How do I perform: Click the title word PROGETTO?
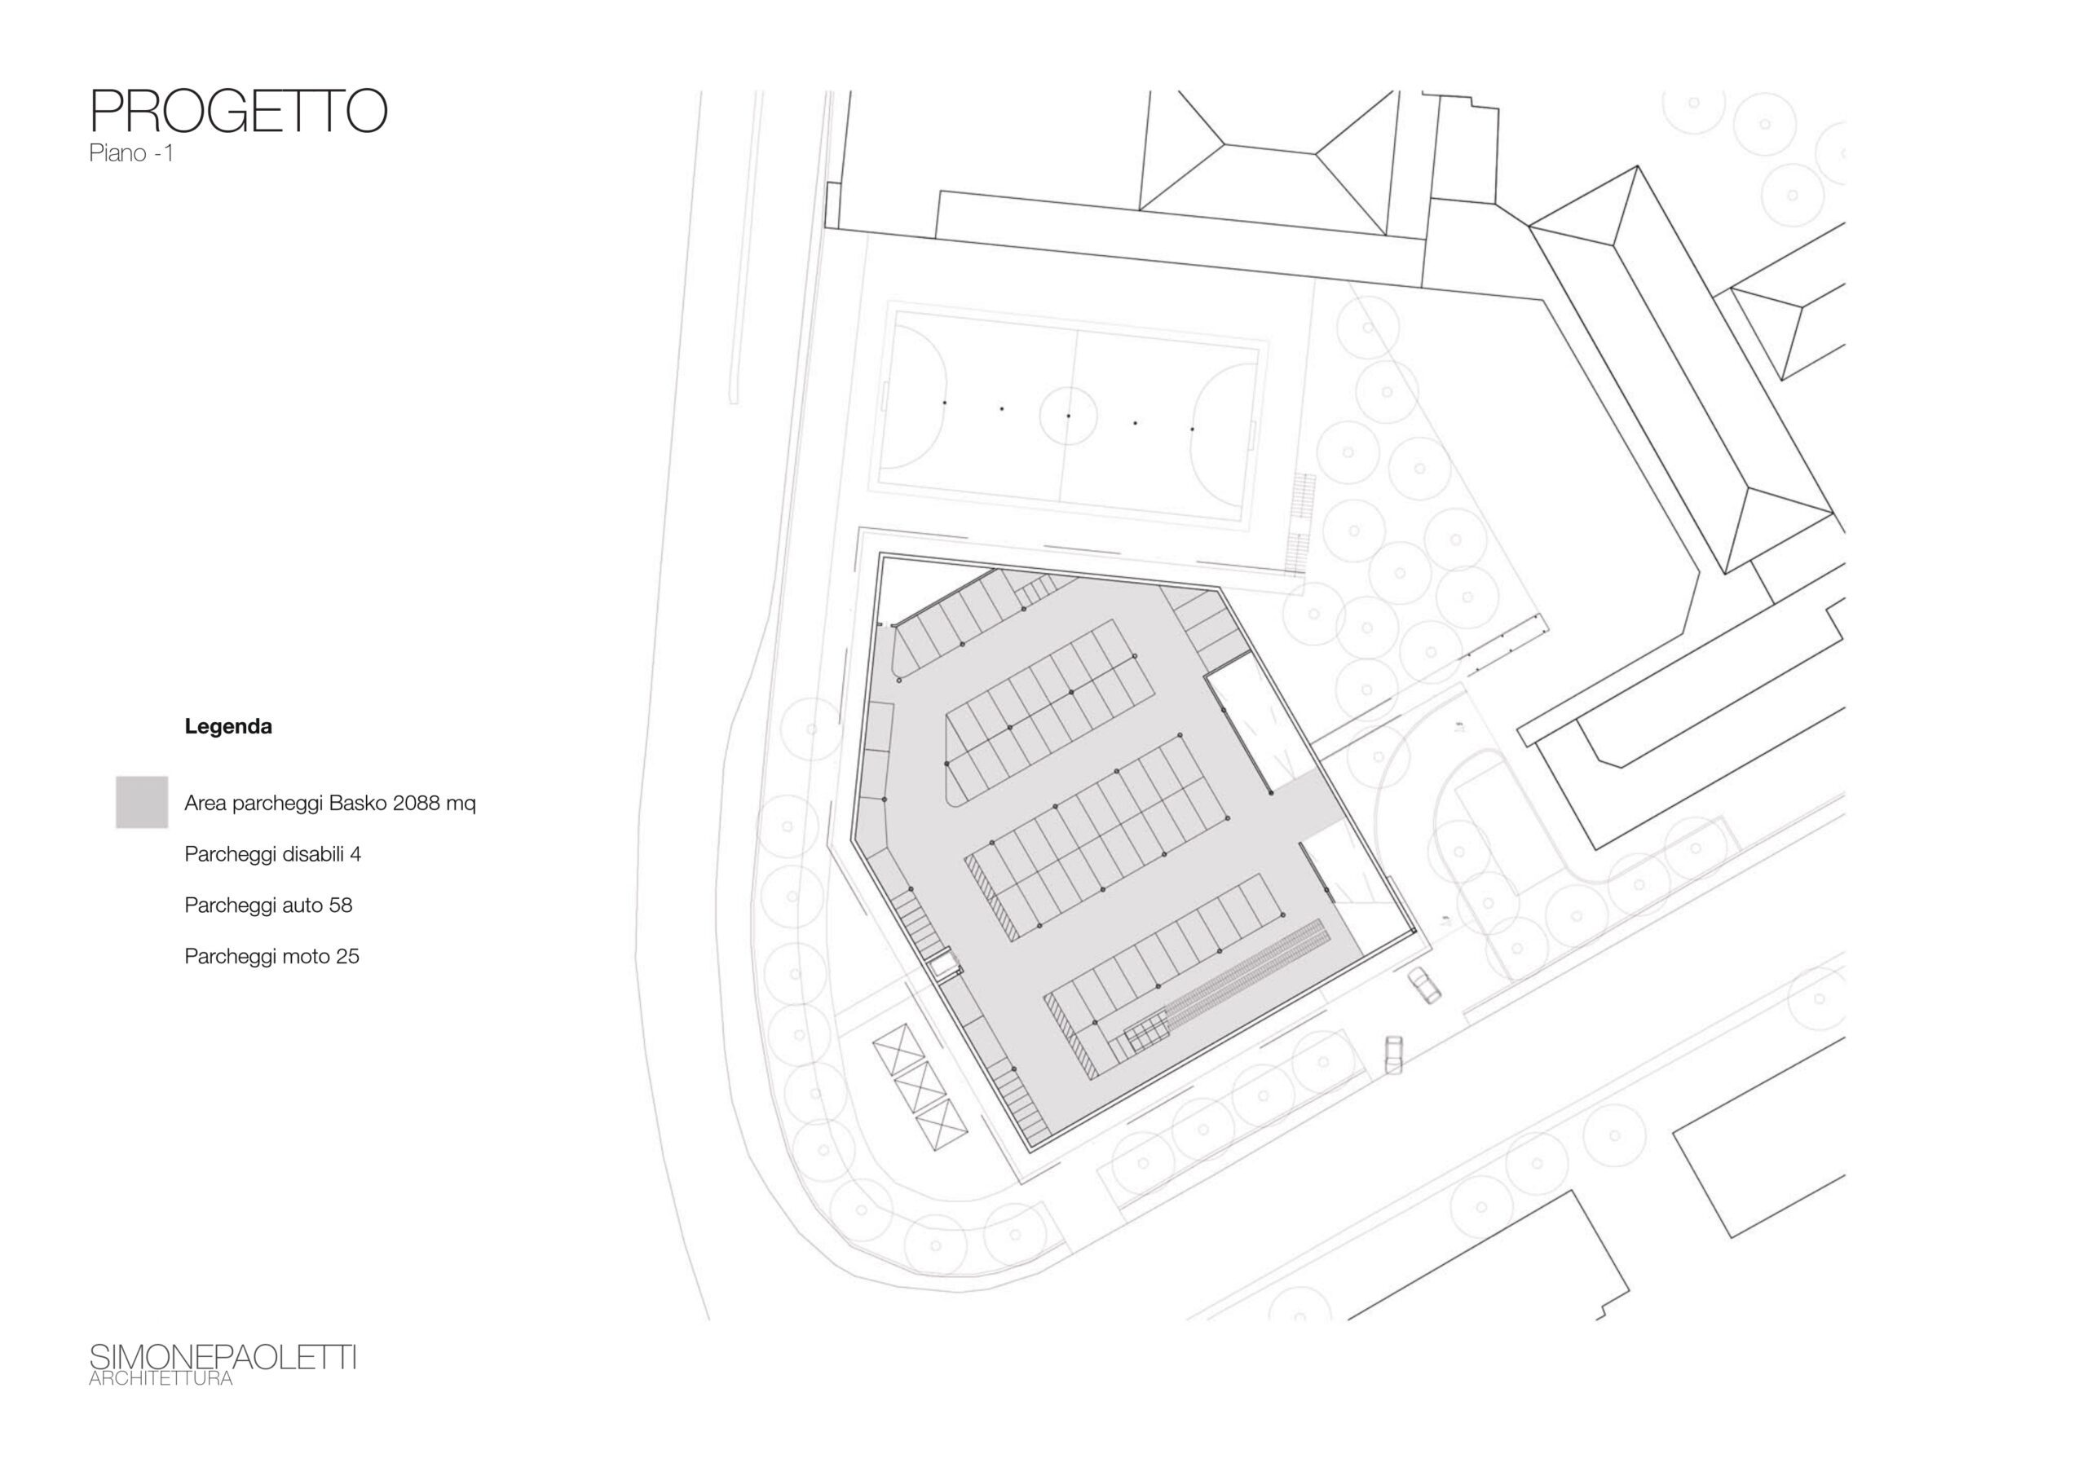[238, 112]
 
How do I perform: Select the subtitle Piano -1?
[131, 153]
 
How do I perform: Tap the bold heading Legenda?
[228, 726]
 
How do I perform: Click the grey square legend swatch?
[142, 802]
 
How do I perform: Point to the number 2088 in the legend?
[417, 804]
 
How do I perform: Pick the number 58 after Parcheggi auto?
[341, 905]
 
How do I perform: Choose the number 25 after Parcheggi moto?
[347, 956]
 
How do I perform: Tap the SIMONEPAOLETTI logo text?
[223, 1358]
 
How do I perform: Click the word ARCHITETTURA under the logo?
[161, 1379]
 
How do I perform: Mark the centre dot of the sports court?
[1068, 416]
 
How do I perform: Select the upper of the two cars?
[1423, 985]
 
